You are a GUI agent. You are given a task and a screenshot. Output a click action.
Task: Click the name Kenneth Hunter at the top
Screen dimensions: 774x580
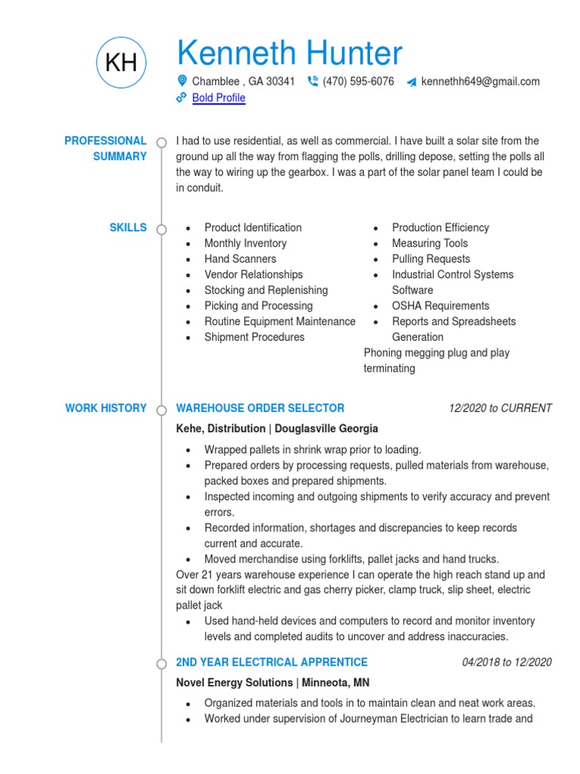(x=289, y=54)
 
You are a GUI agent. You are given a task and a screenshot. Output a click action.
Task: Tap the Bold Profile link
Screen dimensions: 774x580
(x=218, y=98)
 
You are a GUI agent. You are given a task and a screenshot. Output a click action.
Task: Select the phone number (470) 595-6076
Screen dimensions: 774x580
(x=358, y=82)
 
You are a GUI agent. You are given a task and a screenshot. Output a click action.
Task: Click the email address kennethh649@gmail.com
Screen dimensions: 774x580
(x=480, y=82)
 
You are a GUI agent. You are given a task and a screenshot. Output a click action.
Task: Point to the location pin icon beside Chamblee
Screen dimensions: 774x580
(x=181, y=81)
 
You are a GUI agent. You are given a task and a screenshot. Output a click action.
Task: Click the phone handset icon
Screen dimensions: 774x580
(x=313, y=82)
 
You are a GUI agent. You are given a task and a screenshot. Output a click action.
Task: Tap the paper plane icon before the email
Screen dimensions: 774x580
(x=411, y=82)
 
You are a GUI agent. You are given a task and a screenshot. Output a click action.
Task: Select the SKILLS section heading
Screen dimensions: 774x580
(x=128, y=228)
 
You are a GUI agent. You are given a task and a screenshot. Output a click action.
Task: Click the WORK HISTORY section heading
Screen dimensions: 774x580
(x=106, y=408)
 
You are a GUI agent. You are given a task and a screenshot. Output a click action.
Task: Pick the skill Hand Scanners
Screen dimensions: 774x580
(x=240, y=259)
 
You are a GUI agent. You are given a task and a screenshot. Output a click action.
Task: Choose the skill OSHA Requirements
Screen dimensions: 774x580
(x=440, y=306)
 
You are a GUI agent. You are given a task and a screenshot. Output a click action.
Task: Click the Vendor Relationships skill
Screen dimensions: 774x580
(x=253, y=275)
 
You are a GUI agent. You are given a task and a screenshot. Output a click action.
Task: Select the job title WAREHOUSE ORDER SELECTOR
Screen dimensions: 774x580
(x=260, y=408)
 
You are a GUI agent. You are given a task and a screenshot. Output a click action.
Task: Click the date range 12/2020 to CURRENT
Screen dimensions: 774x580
(x=500, y=408)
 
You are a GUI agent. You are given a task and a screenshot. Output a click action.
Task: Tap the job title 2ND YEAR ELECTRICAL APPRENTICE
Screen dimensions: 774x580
(x=272, y=662)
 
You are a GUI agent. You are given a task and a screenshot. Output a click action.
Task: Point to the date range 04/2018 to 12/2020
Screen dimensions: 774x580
(x=507, y=662)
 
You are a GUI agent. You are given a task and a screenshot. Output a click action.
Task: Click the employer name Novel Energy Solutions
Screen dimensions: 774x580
(x=234, y=683)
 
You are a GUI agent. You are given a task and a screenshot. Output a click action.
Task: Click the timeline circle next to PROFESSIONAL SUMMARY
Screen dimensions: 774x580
(x=162, y=142)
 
